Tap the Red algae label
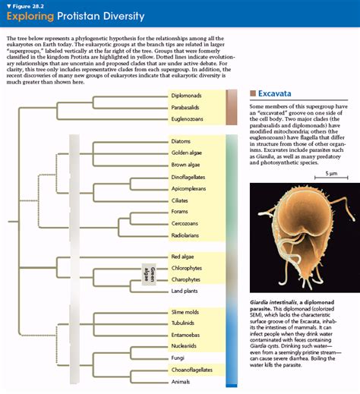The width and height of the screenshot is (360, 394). click(x=182, y=257)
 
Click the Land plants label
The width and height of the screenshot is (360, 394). click(x=184, y=291)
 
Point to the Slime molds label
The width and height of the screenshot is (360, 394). click(x=185, y=313)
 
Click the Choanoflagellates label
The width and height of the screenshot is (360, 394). click(x=189, y=370)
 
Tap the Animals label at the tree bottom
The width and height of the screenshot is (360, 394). click(x=181, y=381)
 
